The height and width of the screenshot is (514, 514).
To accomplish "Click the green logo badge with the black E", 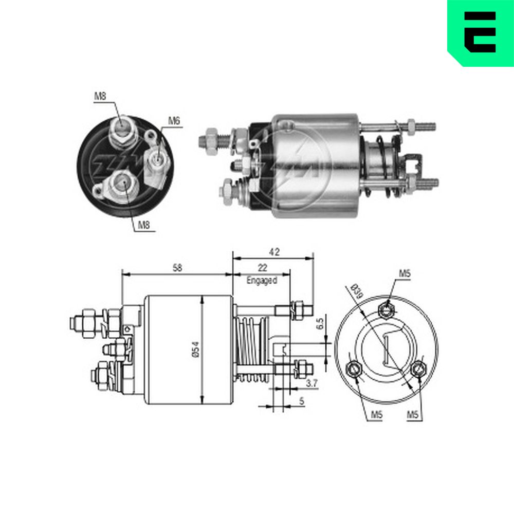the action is pos(481,33).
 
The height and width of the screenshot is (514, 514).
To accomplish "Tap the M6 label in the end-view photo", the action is pos(174,121).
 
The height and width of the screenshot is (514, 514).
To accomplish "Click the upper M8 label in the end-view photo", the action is pos(100,96).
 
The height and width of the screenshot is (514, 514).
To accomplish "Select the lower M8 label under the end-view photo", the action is pos(144,225).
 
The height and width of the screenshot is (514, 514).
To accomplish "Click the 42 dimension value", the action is pos(274,252).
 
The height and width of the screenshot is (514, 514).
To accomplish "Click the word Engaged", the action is pos(262,280).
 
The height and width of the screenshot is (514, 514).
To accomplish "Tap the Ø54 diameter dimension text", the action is pos(195,350).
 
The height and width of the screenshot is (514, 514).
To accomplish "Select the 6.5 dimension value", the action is pos(320,322).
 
